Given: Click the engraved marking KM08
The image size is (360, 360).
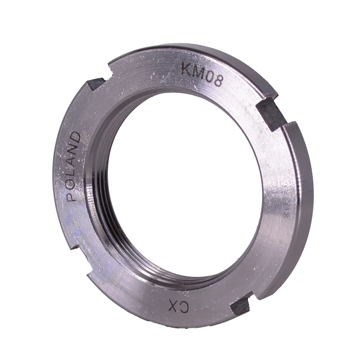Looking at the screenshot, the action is [201, 74].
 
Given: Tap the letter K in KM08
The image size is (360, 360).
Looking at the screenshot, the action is [185, 68].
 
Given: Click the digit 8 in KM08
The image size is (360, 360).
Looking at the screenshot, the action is [217, 81].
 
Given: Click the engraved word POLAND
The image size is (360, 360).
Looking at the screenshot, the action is [73, 166].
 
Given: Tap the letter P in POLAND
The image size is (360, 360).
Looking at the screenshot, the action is [71, 196].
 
